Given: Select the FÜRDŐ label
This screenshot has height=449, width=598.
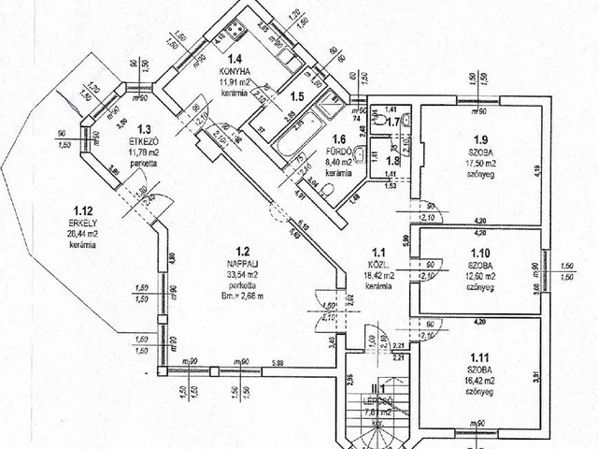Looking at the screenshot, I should point(338,152).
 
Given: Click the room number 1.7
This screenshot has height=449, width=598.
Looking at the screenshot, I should point(392,121).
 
